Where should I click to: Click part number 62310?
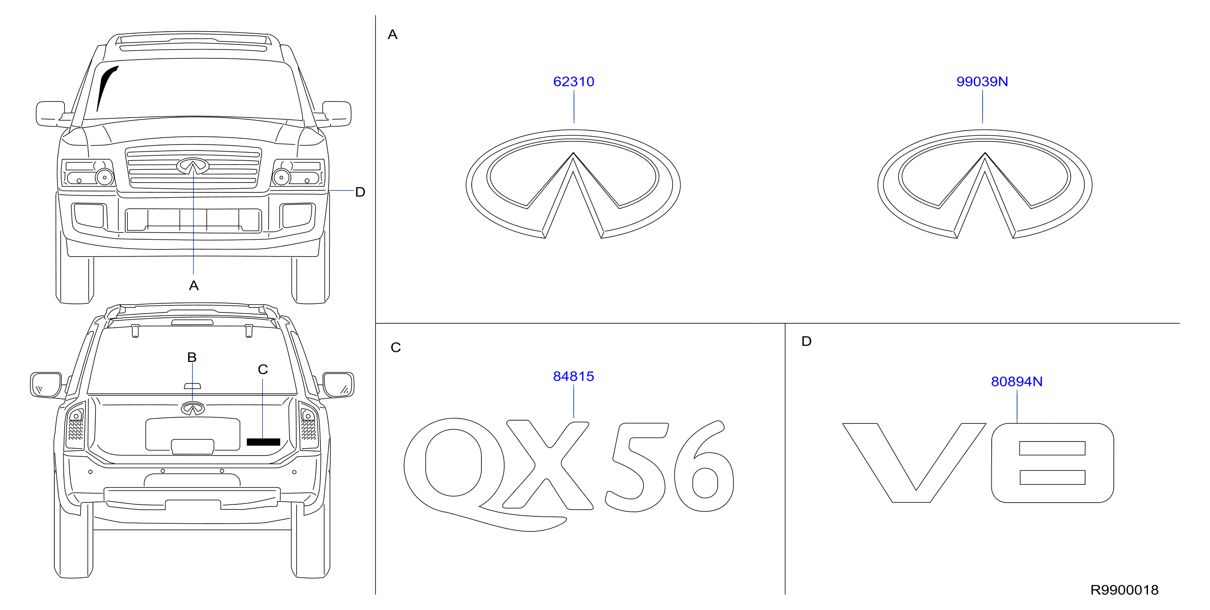coord(574,82)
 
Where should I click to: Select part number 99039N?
coord(982,82)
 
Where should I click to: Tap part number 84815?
coord(574,377)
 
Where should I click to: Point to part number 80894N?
coord(1016,381)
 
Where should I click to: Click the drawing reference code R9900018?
coord(1124,590)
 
